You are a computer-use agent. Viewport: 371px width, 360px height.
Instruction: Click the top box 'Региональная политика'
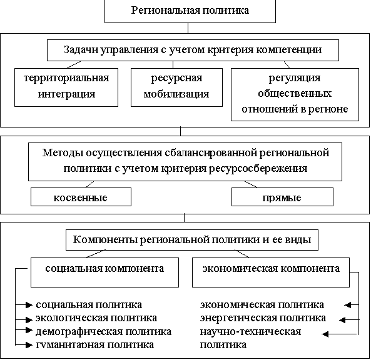pyautogui.click(x=190, y=11)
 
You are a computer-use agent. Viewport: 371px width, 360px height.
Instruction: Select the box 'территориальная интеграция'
pyautogui.click(x=66, y=87)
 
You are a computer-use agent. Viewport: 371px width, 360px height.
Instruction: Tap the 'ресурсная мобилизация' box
pyautogui.click(x=176, y=87)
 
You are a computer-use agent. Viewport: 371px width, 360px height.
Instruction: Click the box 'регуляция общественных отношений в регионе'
pyautogui.click(x=295, y=94)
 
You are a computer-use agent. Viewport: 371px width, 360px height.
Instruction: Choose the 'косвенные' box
pyautogui.click(x=81, y=197)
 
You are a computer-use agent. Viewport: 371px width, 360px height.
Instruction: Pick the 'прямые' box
pyautogui.click(x=282, y=197)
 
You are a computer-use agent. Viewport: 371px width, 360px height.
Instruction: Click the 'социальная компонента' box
pyautogui.click(x=104, y=272)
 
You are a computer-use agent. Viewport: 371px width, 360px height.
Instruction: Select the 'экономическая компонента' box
pyautogui.click(x=271, y=272)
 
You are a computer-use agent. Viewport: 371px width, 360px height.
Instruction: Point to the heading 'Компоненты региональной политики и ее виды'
pyautogui.click(x=192, y=239)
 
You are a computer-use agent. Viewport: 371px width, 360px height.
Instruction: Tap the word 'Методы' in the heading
pyautogui.click(x=63, y=152)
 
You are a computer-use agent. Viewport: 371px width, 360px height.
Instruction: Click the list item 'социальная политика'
pyautogui.click(x=89, y=305)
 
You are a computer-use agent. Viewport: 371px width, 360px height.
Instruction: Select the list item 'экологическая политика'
pyautogui.click(x=96, y=318)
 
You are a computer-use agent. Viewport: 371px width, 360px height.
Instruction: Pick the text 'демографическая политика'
pyautogui.click(x=103, y=332)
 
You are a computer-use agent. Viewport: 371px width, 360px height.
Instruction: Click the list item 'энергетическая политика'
pyautogui.click(x=263, y=318)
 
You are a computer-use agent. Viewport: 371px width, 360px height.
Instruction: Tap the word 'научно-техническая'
pyautogui.click(x=250, y=332)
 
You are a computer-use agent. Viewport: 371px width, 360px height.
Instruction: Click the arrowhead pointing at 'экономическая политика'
pyautogui.click(x=348, y=305)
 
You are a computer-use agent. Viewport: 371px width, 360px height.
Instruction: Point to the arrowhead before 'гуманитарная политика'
pyautogui.click(x=29, y=345)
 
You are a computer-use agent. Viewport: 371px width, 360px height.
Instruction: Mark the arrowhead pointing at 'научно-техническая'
pyautogui.click(x=325, y=334)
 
